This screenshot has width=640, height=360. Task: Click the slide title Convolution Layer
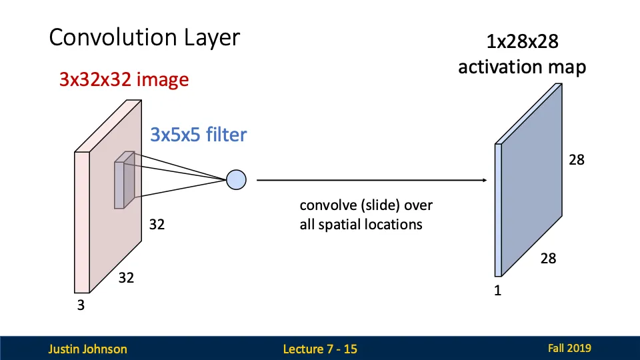(x=144, y=37)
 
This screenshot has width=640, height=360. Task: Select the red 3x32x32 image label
(x=124, y=80)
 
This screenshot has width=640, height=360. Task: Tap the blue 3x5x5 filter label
(x=199, y=135)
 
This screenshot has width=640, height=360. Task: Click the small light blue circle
(x=237, y=179)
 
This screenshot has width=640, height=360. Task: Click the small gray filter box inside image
(x=125, y=180)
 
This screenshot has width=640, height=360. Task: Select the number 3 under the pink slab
(x=81, y=306)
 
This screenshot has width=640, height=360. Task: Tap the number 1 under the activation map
(x=497, y=291)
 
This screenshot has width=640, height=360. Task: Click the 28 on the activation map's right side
(x=576, y=159)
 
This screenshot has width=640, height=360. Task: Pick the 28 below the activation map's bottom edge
(x=548, y=258)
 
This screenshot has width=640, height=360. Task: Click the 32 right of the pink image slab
(x=157, y=225)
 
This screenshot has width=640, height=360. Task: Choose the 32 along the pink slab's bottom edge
(x=126, y=278)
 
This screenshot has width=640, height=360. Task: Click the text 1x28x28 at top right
(x=522, y=43)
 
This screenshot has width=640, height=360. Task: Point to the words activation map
(x=522, y=67)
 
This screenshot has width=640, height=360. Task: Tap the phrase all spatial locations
(x=361, y=224)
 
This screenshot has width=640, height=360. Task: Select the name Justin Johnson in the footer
(x=87, y=349)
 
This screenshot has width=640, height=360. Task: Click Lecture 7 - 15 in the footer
(x=320, y=349)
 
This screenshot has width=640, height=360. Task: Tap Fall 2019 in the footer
(x=569, y=348)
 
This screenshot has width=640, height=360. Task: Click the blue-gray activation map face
(x=533, y=180)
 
